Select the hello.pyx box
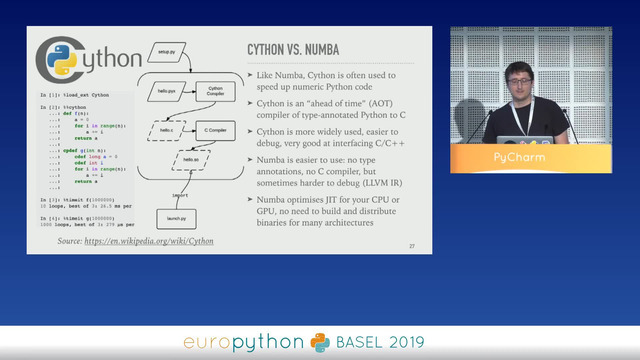166,91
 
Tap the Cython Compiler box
215,91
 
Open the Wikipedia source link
155,241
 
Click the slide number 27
412,246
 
